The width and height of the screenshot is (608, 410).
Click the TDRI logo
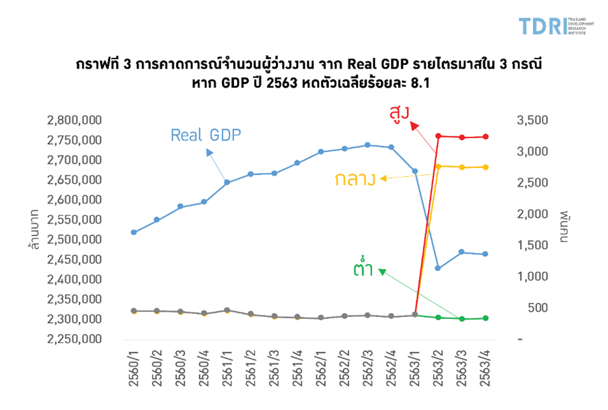552,26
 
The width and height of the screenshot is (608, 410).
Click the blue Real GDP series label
206,134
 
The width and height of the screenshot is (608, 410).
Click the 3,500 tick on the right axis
532,120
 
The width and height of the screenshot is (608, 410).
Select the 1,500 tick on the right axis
532,245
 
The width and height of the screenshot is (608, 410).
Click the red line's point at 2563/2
438,136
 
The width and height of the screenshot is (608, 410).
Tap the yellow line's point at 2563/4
485,167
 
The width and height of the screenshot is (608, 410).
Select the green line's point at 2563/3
461,319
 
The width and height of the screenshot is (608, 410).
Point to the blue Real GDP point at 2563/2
438,268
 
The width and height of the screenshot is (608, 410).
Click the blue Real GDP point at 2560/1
134,232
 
